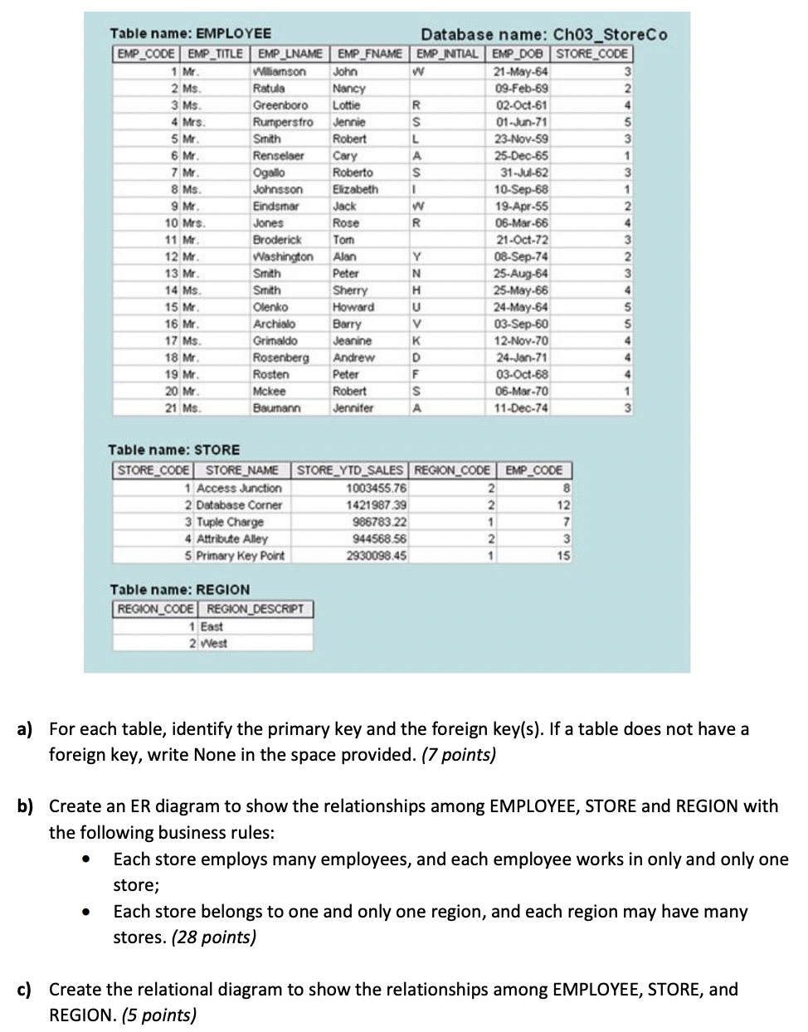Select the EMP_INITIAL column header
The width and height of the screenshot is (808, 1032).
(448, 54)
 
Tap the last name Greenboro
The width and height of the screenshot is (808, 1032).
(280, 105)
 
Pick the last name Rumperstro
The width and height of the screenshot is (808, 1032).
(283, 122)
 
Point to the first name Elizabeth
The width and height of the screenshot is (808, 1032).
(355, 189)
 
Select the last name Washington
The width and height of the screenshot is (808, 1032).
(283, 256)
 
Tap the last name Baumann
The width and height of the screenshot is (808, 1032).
(276, 407)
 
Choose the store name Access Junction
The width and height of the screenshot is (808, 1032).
(239, 488)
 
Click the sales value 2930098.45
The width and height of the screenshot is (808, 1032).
(377, 555)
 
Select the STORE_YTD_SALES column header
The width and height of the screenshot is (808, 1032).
(351, 470)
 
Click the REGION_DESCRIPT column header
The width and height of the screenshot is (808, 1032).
(256, 609)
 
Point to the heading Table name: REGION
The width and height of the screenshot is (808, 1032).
(179, 589)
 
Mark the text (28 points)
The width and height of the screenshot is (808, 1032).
(213, 937)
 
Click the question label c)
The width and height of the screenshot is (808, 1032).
(26, 989)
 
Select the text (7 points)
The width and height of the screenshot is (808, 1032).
(459, 754)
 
